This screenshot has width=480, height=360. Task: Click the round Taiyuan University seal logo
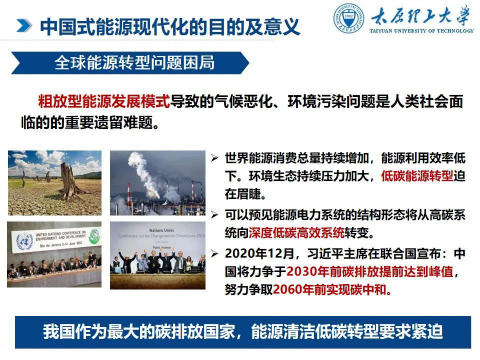tap(348, 19)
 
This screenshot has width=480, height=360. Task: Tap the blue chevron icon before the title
tap(24, 26)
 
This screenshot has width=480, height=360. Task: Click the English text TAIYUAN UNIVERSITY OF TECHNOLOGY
tap(421, 31)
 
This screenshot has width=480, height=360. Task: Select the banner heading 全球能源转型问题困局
tap(134, 63)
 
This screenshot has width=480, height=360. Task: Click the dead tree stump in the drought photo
tap(69, 182)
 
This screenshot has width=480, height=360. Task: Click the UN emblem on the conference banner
tap(24, 241)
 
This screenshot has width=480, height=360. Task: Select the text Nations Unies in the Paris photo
tap(162, 230)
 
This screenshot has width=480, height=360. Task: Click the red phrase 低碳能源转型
tap(417, 176)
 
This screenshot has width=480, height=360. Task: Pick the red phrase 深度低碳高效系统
tap(296, 233)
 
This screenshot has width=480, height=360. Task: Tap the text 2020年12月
tap(259, 254)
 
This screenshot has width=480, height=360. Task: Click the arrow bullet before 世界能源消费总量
tap(214, 158)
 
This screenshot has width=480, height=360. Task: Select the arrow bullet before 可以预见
tap(214, 215)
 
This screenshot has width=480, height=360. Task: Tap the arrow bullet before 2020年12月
tap(214, 254)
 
